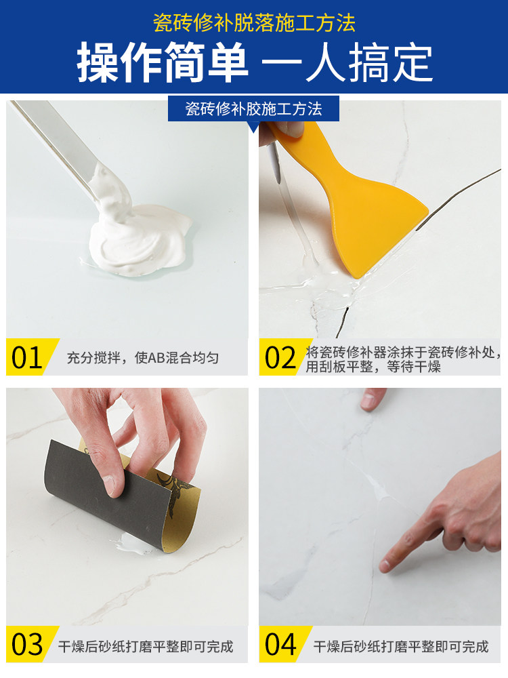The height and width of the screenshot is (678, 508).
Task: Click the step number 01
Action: point(26,357)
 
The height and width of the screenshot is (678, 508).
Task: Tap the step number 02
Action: point(280,357)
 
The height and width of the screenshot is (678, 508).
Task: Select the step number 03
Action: point(27,645)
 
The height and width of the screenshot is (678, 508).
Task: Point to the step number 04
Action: point(280,645)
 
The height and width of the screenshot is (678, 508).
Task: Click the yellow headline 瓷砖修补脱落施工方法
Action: point(254,23)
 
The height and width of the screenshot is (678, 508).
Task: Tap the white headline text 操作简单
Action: point(163,62)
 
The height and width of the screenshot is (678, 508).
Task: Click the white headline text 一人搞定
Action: point(347,62)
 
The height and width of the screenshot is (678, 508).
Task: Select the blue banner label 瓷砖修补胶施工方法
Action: point(253,109)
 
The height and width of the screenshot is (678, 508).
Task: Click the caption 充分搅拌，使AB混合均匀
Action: point(142,357)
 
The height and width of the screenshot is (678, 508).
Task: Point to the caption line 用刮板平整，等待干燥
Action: point(373,367)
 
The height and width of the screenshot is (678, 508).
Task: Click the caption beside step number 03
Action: point(146,646)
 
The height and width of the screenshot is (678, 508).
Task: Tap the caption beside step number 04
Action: point(401,646)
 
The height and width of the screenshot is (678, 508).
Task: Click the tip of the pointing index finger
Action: point(384,565)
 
